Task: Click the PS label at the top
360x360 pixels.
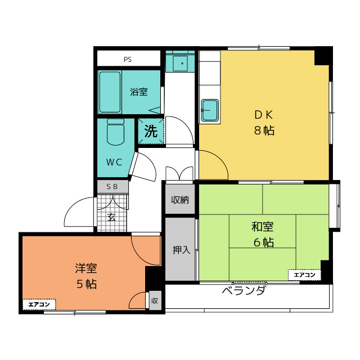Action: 128,59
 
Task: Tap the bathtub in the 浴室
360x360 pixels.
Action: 110,92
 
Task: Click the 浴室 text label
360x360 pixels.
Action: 139,92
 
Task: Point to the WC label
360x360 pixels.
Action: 115,163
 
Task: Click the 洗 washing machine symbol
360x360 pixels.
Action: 151,132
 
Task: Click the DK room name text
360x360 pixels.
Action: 263,115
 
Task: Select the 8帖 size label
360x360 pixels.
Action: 263,131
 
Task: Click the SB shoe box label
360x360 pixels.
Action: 112,186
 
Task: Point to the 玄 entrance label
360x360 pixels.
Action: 111,217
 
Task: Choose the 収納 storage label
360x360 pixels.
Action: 180,200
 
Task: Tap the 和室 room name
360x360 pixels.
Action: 263,227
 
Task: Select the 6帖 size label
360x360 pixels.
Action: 263,243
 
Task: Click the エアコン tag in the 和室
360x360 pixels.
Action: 305,275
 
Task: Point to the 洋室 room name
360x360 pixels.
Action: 87,268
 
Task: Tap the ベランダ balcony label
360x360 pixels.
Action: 244,291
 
